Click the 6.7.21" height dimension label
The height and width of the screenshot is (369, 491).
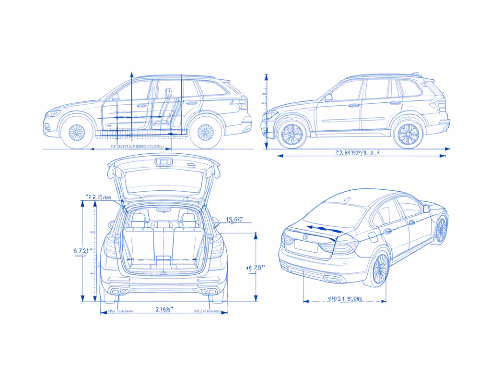(x=80, y=251)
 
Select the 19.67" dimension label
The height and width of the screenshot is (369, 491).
(x=234, y=220)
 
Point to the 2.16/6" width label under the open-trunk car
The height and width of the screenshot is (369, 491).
(x=164, y=309)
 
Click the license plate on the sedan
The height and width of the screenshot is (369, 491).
(x=305, y=245)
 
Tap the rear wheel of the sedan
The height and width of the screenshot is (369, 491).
(x=381, y=269)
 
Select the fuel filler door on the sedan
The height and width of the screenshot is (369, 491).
(x=387, y=232)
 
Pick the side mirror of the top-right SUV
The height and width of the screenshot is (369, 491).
(x=328, y=98)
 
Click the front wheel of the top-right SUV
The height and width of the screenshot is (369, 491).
(x=292, y=135)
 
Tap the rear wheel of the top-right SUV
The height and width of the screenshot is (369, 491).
(x=408, y=135)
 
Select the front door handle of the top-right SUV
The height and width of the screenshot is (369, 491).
(x=354, y=105)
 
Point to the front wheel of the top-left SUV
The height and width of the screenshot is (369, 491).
(x=77, y=132)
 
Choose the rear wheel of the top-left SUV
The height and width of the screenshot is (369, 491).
(x=206, y=132)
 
